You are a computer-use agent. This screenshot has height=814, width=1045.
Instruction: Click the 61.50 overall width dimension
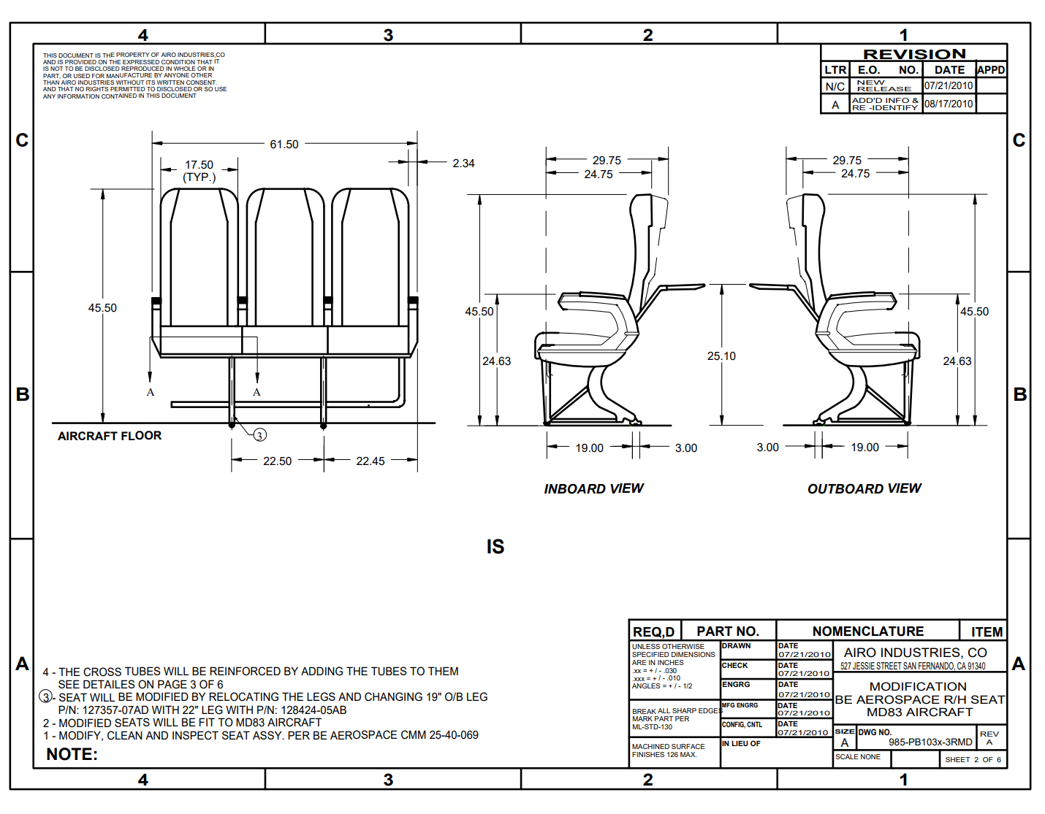[x=284, y=145]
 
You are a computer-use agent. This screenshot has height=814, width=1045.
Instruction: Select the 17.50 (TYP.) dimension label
[x=199, y=171]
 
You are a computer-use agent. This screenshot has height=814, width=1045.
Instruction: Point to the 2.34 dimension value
[x=463, y=164]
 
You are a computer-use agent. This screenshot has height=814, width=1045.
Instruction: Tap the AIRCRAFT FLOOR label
[x=110, y=436]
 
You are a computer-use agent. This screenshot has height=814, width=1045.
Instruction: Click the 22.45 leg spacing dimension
[x=370, y=461]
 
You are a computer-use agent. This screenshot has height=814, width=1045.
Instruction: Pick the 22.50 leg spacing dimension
[x=277, y=461]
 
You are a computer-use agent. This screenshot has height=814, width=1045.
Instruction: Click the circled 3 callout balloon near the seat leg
[x=259, y=435]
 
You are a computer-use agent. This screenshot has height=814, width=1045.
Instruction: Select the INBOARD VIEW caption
[x=593, y=489]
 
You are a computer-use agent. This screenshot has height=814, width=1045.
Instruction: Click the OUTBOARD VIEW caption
[x=864, y=489]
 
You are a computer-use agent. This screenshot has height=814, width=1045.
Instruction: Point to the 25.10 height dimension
[x=721, y=356]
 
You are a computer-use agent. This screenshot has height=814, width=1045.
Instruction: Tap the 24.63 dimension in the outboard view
[x=957, y=361]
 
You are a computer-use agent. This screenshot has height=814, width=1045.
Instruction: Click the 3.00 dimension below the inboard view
[x=685, y=448]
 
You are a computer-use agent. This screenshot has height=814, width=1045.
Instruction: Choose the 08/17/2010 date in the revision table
[x=949, y=104]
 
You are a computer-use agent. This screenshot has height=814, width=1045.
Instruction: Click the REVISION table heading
[x=914, y=54]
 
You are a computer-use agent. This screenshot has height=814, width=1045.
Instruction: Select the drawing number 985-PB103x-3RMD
[x=930, y=742]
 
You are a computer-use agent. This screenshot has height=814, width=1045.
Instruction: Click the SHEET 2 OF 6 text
[x=973, y=760]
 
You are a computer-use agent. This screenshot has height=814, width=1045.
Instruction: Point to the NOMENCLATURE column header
[x=867, y=631]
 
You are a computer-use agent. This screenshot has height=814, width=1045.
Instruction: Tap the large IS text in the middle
[x=495, y=547]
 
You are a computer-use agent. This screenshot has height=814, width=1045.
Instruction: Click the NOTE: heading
[x=72, y=755]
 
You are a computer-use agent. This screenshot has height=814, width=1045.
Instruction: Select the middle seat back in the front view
[x=285, y=259]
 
